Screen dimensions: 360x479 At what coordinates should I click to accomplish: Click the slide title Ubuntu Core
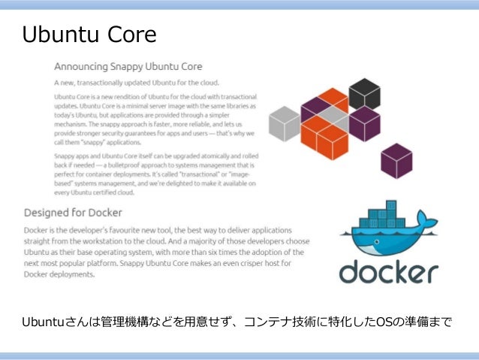point(89,35)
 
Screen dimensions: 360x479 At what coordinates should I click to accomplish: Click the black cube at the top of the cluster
point(364,92)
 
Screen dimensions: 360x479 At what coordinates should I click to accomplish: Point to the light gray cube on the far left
point(285,123)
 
